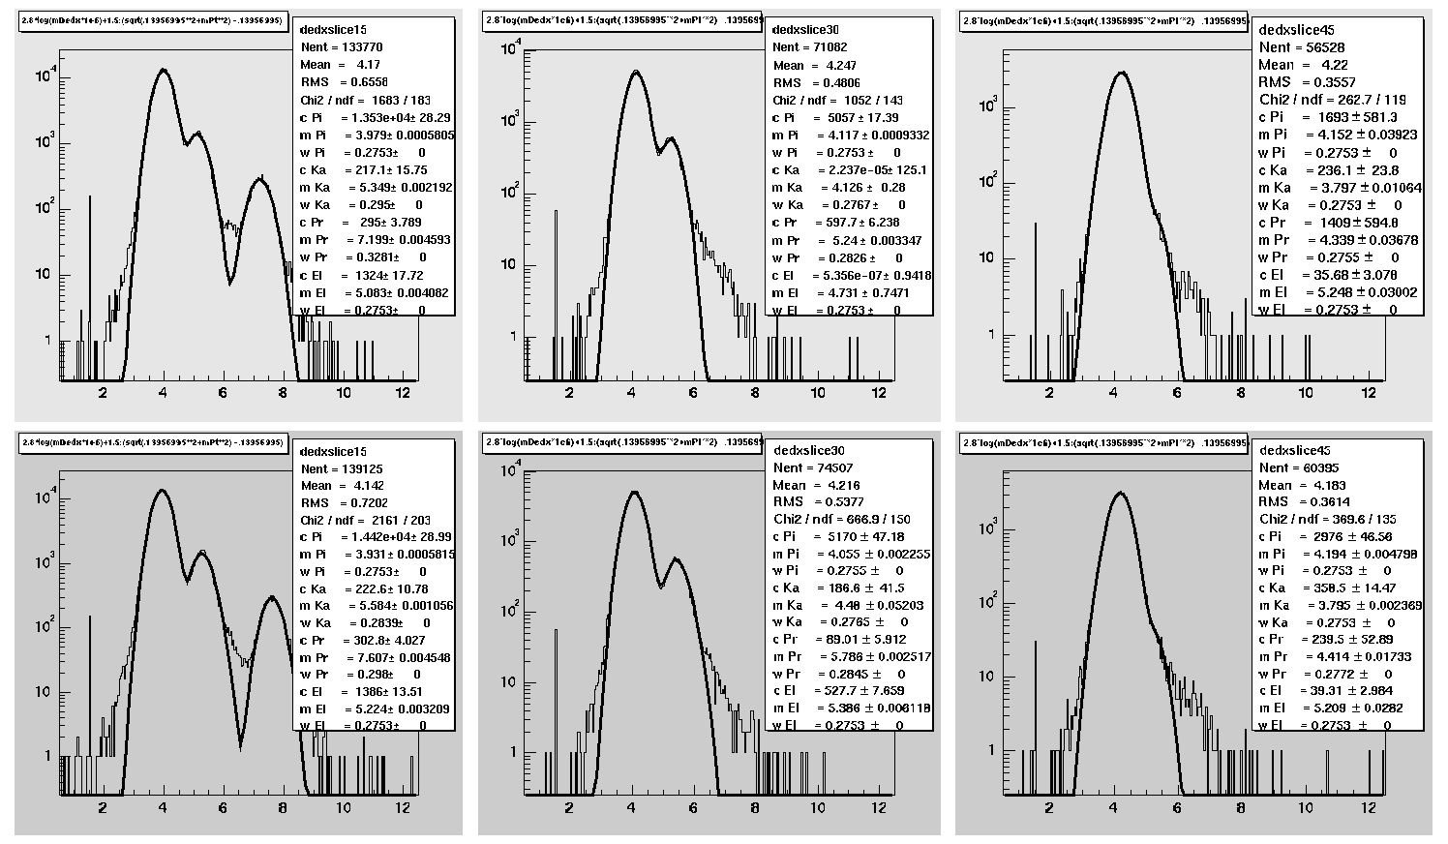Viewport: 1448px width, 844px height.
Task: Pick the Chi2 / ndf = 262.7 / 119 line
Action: [x=1332, y=100]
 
